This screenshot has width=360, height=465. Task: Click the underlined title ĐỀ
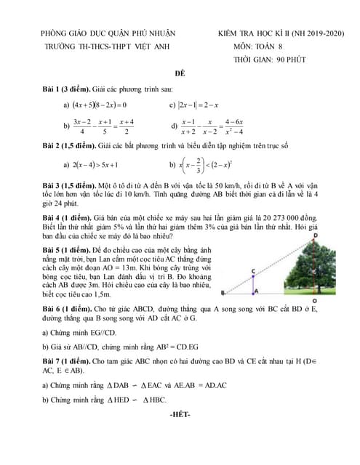pyautogui.click(x=180, y=75)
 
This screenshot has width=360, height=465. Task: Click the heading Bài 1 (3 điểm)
pyautogui.click(x=66, y=89)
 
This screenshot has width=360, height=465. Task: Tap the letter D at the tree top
pyautogui.click(x=314, y=236)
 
